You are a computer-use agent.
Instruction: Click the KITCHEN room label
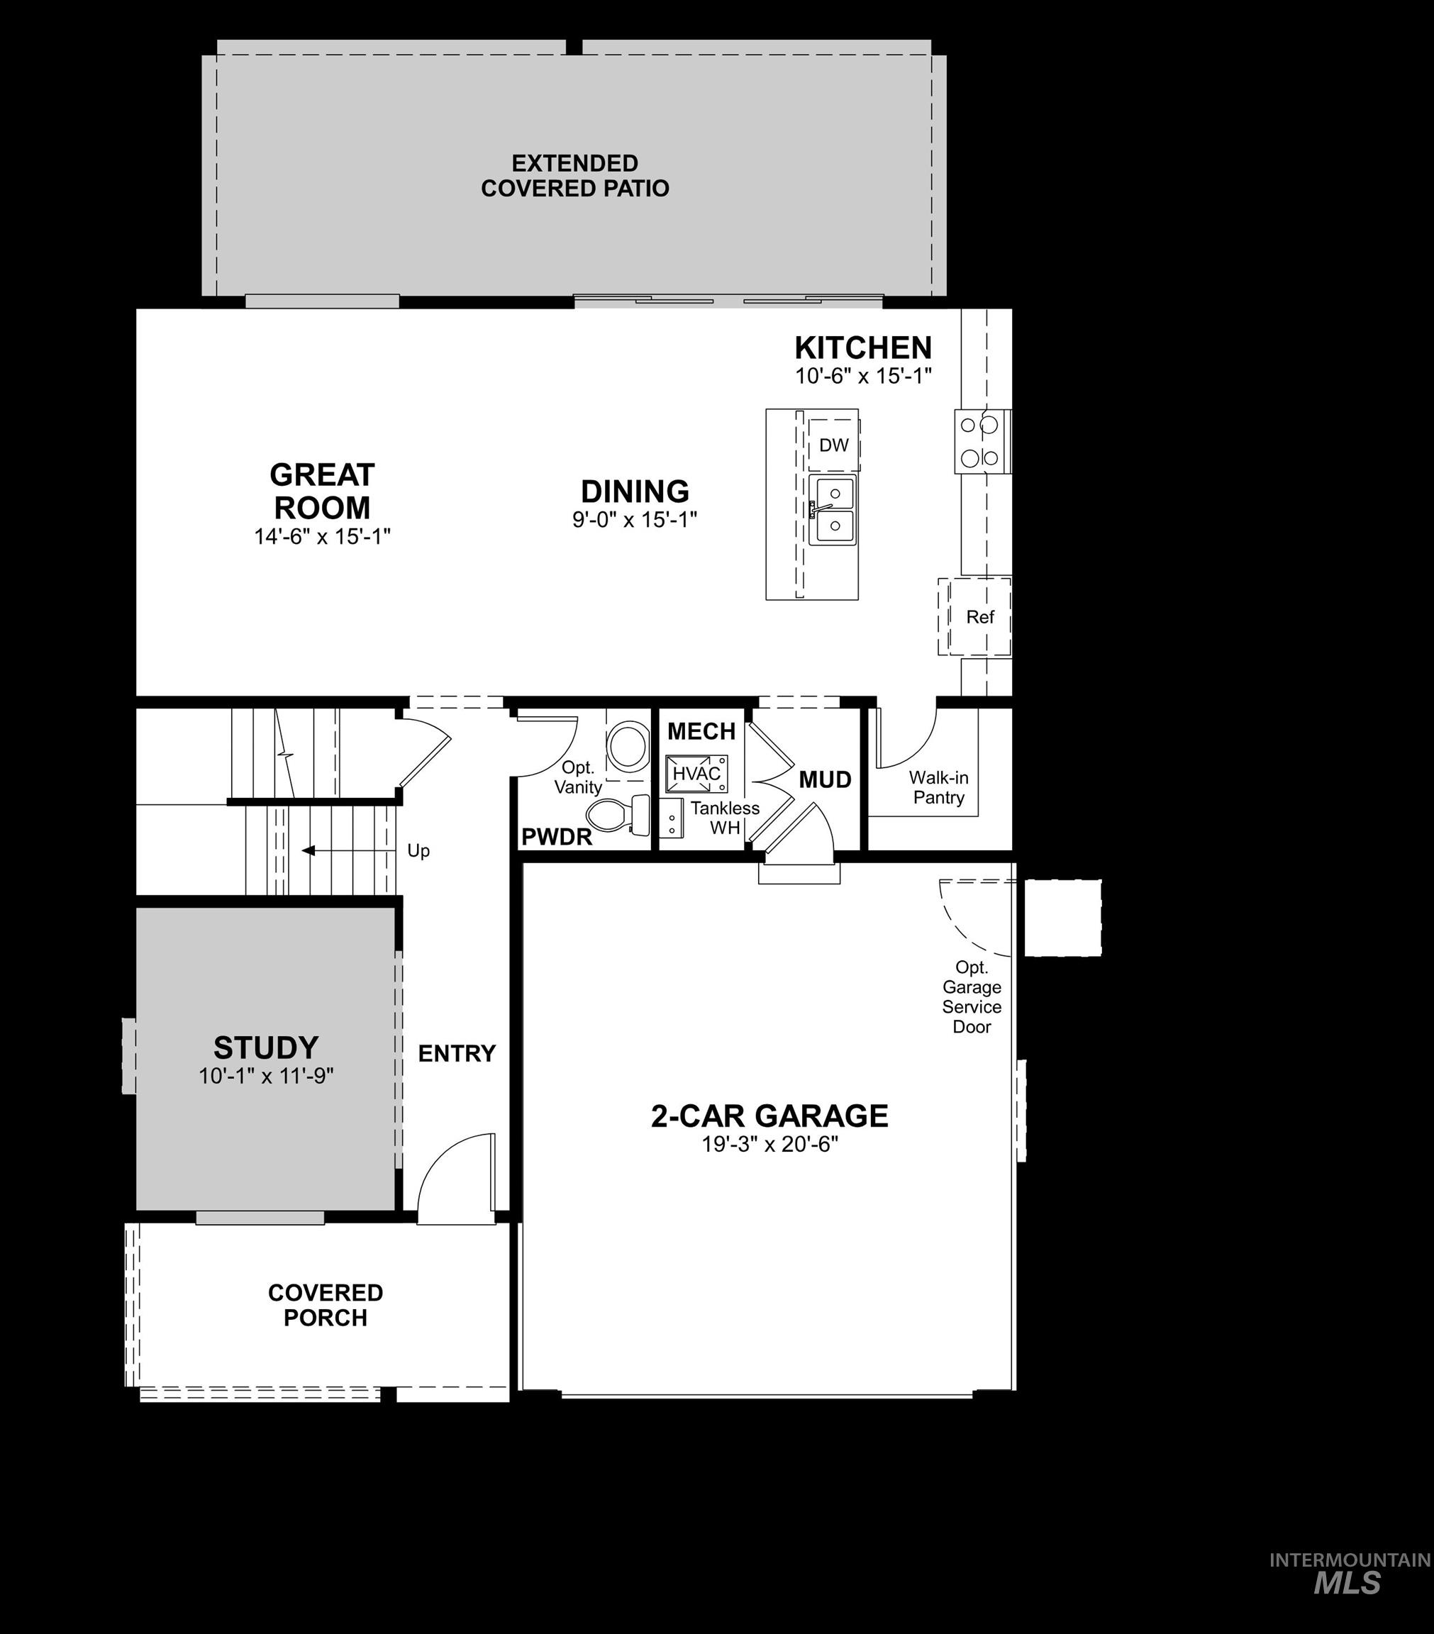(862, 348)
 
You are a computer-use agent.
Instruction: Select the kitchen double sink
(831, 509)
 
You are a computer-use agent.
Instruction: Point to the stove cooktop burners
(980, 441)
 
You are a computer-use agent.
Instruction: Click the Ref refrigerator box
(979, 616)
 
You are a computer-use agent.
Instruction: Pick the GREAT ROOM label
(322, 491)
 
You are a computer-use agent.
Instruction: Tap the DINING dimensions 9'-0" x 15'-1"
(635, 520)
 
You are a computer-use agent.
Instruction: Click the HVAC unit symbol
(696, 773)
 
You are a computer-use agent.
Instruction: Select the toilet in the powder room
(618, 816)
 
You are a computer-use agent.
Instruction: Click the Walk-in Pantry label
(938, 787)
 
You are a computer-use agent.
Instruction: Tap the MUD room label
(825, 779)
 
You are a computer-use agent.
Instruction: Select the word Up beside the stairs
(418, 850)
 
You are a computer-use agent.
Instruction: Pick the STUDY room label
(266, 1047)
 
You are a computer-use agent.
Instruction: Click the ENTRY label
(457, 1054)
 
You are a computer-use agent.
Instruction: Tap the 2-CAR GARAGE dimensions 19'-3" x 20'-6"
(769, 1145)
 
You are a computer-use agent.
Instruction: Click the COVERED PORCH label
(326, 1305)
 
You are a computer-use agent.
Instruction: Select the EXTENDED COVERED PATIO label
(574, 176)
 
